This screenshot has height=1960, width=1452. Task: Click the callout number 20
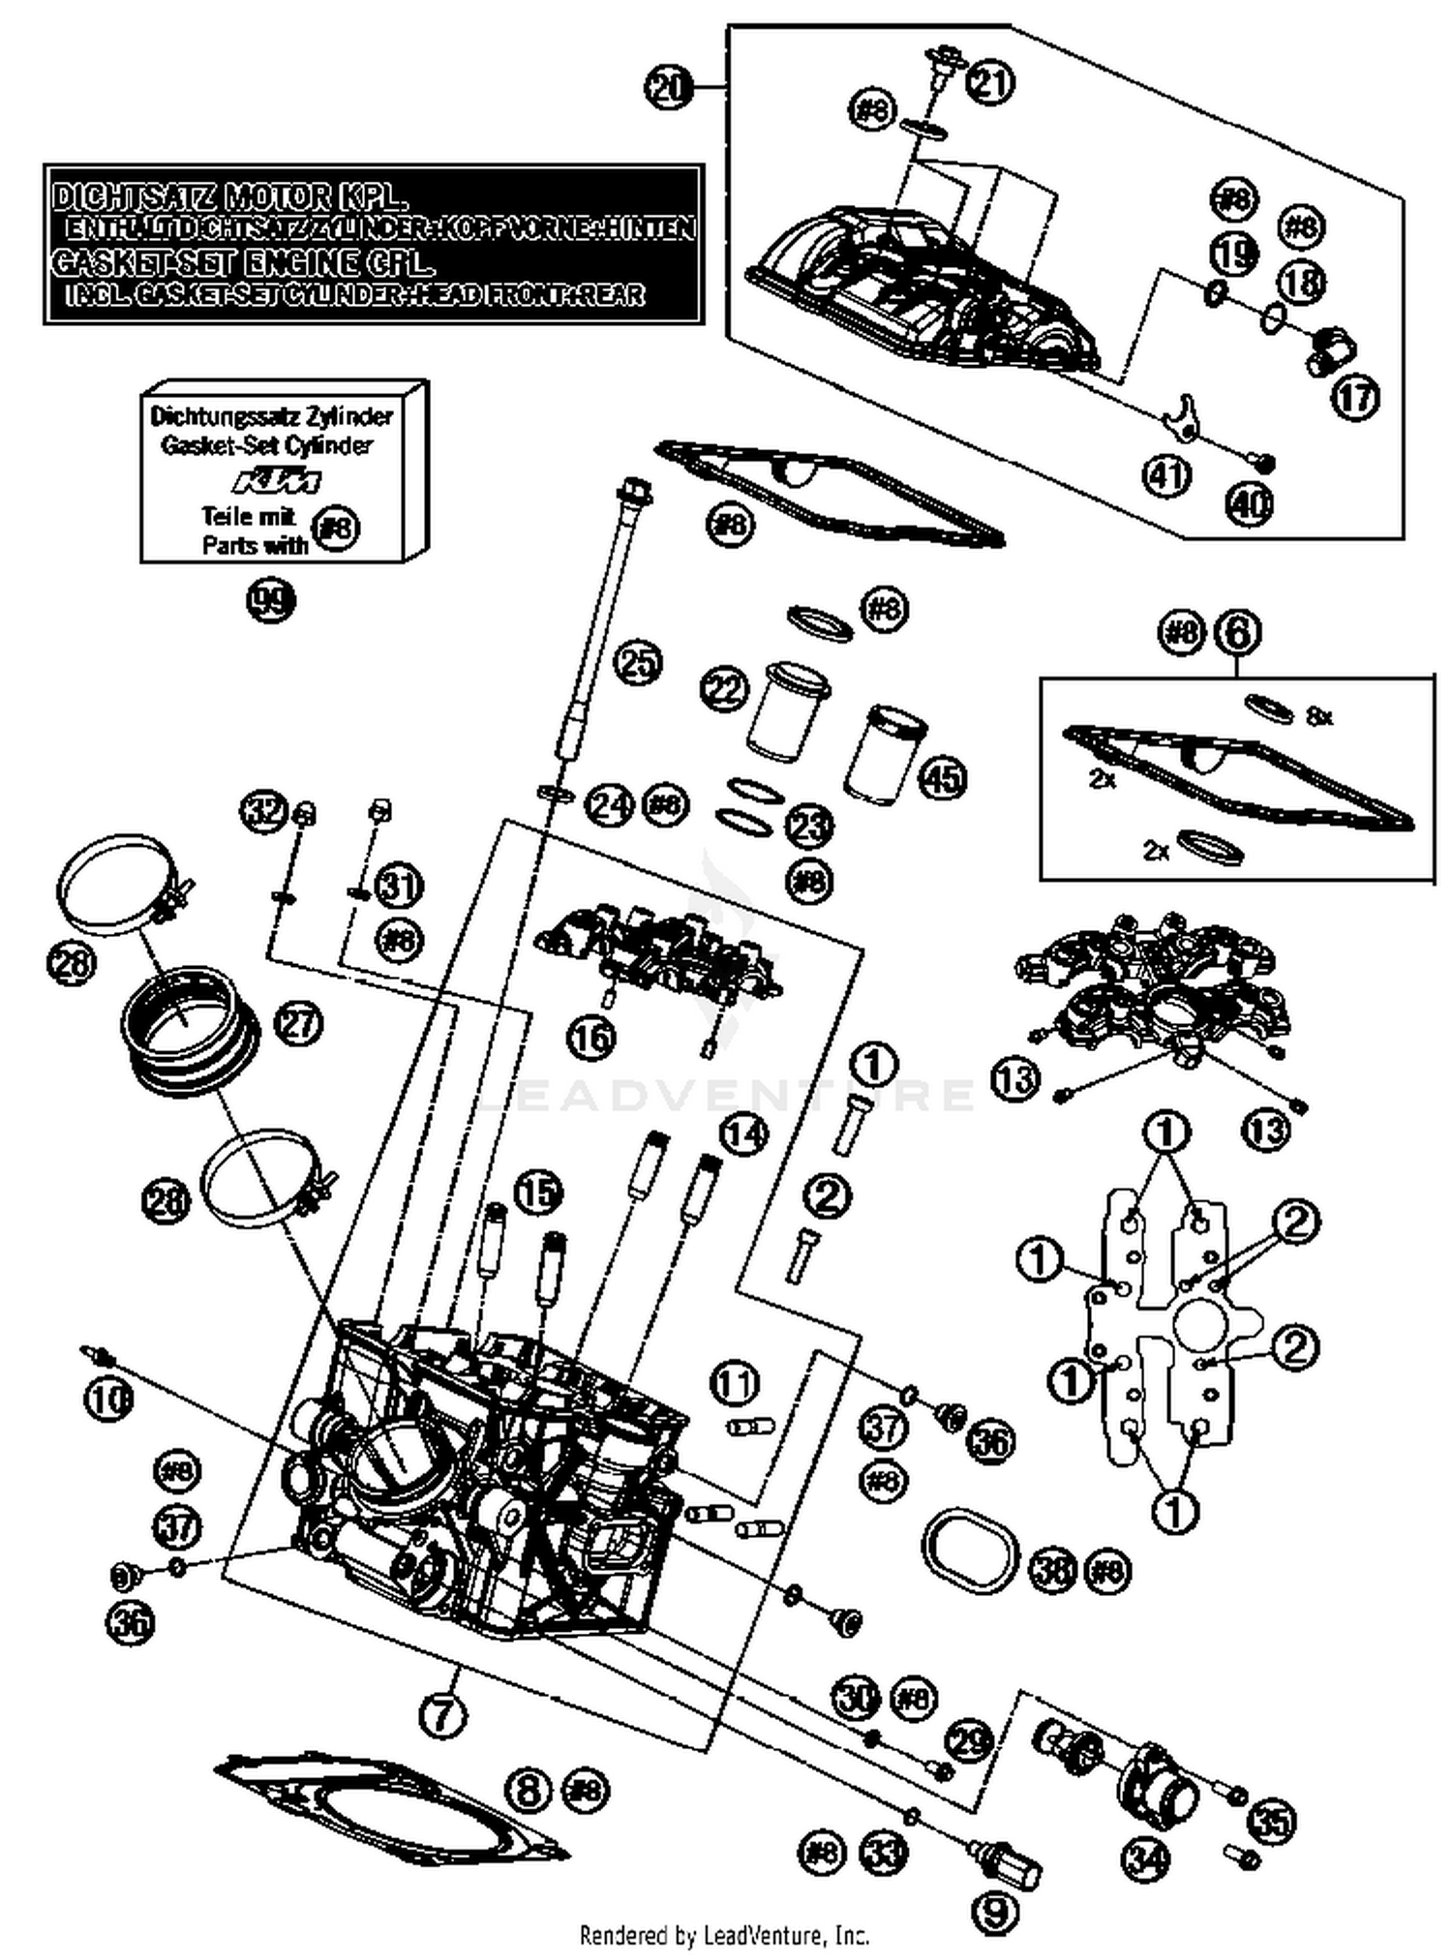[x=669, y=88]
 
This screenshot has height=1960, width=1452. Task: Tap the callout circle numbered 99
[x=270, y=601]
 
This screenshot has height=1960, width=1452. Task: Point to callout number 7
[x=442, y=1716]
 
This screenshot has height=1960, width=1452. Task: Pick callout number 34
[x=1146, y=1855]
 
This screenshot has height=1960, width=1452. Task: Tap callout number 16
[x=591, y=1039]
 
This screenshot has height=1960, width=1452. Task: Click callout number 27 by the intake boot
[x=298, y=1023]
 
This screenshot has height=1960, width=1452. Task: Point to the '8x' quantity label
[x=1319, y=716]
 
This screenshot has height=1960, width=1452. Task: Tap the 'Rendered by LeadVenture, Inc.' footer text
[x=724, y=1935]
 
